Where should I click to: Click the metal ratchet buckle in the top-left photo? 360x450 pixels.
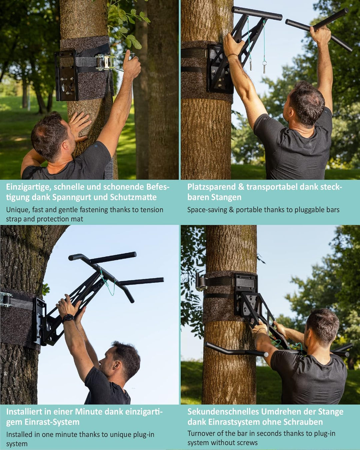(x=105, y=62)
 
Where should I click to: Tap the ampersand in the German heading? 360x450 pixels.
(x=241, y=187)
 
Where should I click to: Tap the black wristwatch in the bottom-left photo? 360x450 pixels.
(x=68, y=318)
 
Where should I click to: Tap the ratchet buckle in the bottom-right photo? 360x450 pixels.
(x=201, y=282)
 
